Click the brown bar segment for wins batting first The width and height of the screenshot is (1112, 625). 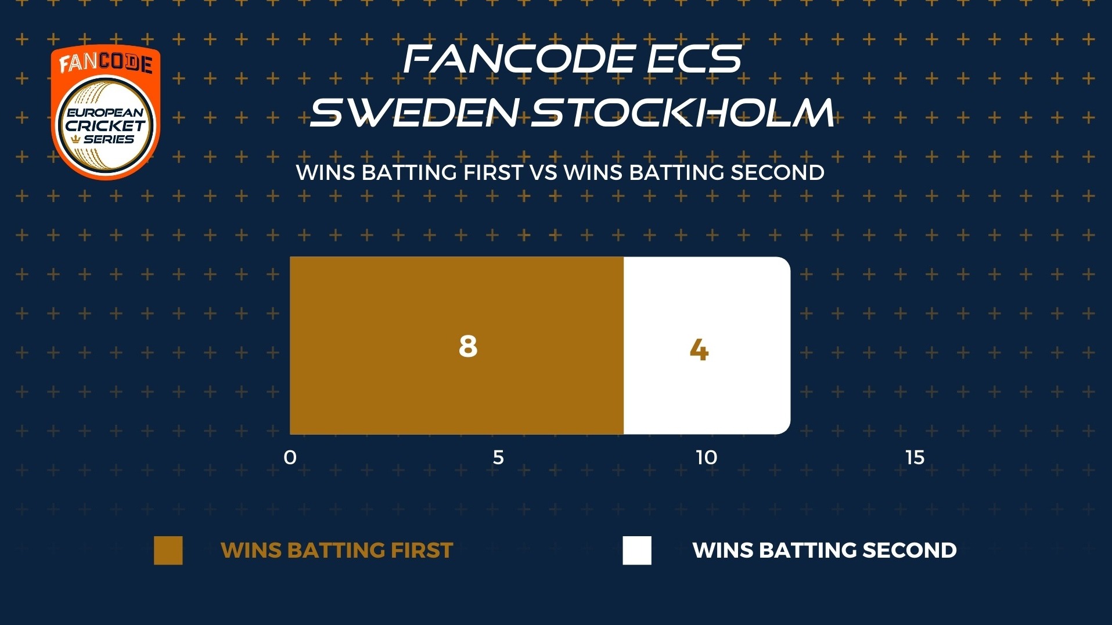(x=456, y=345)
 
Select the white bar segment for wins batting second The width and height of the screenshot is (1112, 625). (x=707, y=345)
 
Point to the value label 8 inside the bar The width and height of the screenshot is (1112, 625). (x=468, y=346)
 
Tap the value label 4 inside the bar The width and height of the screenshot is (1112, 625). (x=699, y=350)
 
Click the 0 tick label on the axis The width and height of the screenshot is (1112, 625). (x=290, y=458)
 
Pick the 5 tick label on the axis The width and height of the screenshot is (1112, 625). (x=498, y=458)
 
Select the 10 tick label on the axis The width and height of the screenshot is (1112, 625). (x=707, y=458)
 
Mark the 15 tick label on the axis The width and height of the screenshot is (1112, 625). (x=915, y=458)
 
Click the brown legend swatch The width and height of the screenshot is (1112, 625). (x=168, y=550)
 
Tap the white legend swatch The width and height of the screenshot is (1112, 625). (x=637, y=550)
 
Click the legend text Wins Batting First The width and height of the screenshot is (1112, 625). (x=337, y=550)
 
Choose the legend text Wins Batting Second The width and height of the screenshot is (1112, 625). (x=825, y=550)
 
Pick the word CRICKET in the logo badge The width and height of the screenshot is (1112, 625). (x=105, y=126)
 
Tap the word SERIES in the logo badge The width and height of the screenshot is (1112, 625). (x=109, y=139)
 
